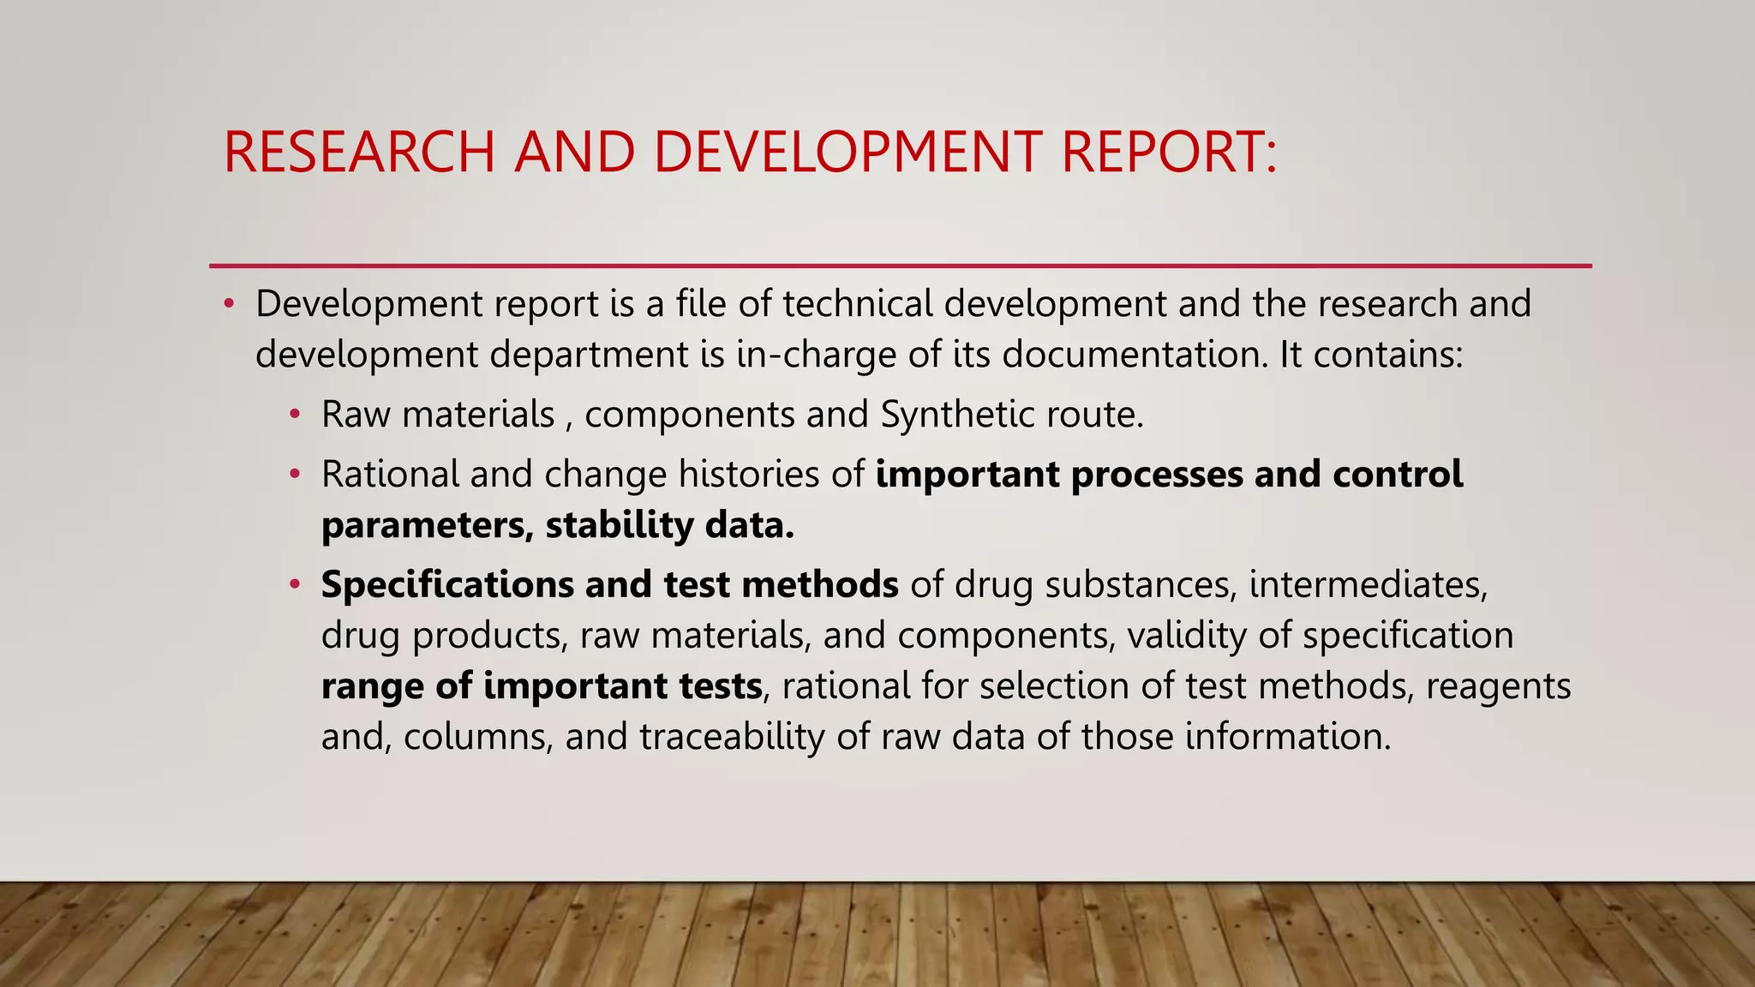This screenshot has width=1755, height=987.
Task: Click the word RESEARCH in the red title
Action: coord(359,152)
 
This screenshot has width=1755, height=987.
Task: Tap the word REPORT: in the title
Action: coord(1168,152)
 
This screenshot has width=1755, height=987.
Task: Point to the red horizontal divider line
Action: coord(900,266)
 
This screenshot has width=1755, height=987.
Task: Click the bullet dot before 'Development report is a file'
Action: coord(229,303)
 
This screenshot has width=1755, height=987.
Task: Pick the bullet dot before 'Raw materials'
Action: coord(295,415)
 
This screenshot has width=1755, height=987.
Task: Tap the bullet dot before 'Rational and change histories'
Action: coord(295,474)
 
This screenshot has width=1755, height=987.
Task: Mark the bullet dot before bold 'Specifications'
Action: coord(295,584)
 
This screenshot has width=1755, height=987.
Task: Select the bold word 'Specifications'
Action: coord(447,584)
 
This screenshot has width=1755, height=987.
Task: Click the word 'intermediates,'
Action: coord(1369,584)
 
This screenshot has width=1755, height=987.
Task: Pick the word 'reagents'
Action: coord(1498,685)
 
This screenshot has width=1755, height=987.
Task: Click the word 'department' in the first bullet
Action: coord(590,354)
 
